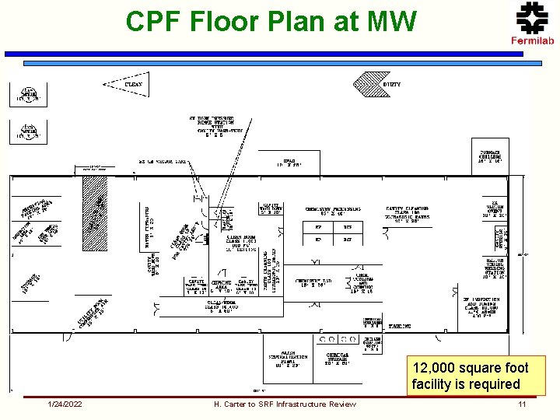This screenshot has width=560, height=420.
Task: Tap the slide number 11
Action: (x=522, y=404)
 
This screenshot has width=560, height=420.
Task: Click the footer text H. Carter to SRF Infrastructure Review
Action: (x=285, y=404)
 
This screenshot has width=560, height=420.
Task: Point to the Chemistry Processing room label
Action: (x=333, y=212)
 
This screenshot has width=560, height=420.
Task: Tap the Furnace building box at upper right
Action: (x=491, y=156)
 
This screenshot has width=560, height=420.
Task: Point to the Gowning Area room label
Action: (x=221, y=285)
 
